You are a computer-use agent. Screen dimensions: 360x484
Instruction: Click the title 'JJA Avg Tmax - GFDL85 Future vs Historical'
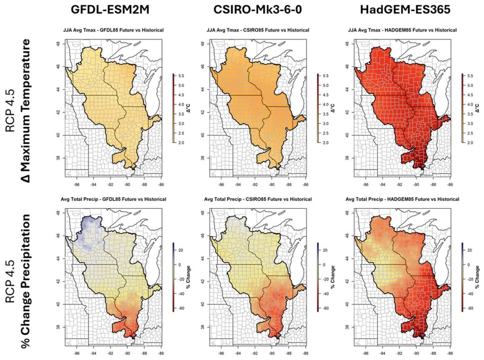tap(113, 30)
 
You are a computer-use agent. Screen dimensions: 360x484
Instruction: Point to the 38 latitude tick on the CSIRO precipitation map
tap(202, 326)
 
